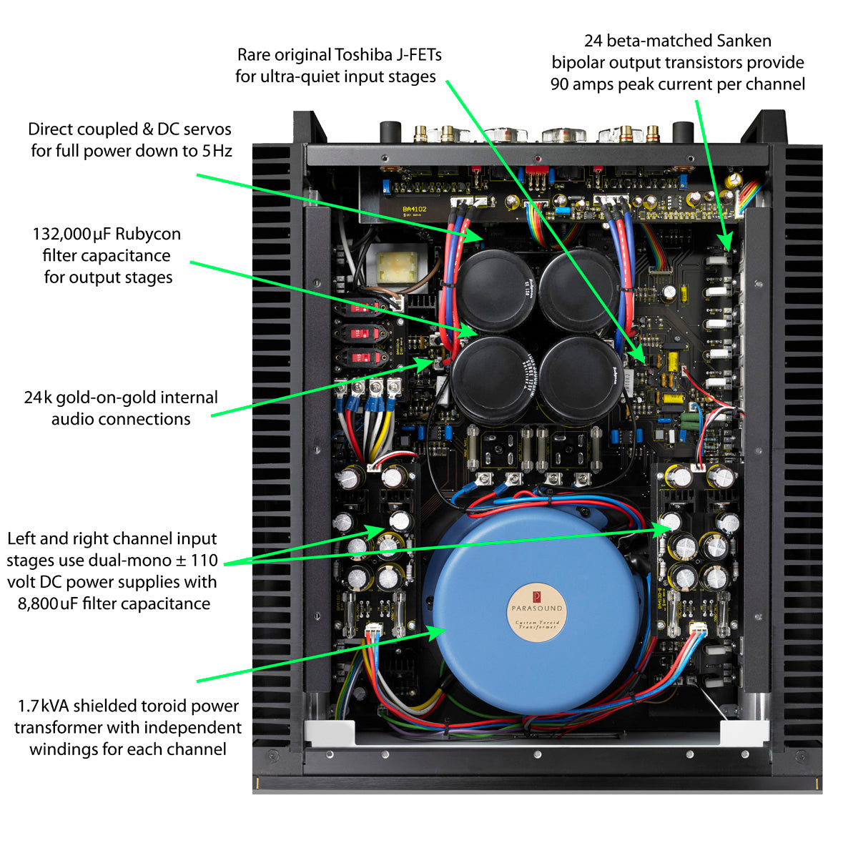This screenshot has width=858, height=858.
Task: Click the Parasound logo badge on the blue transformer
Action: click(537, 607)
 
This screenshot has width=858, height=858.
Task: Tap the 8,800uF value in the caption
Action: click(47, 603)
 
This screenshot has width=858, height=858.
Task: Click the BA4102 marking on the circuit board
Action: click(414, 209)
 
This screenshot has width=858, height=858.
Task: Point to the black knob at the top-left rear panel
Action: click(390, 132)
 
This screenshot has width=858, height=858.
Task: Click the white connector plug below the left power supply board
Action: click(375, 633)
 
